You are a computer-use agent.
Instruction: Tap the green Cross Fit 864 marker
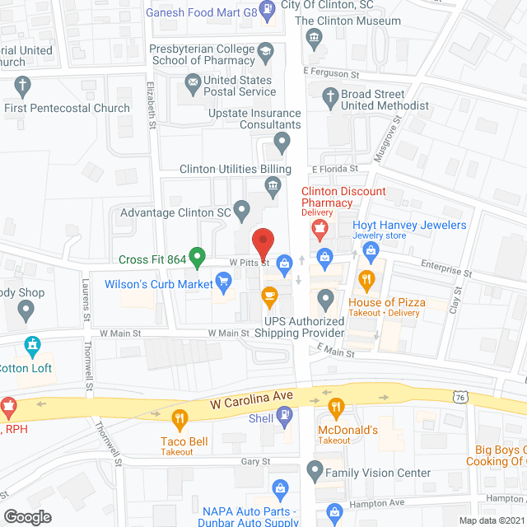click(197, 259)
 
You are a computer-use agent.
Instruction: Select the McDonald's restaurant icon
click(335, 406)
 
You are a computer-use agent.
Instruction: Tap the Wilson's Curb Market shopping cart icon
click(223, 283)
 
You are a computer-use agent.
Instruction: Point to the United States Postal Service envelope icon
click(193, 82)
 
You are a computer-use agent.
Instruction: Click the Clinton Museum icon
click(313, 38)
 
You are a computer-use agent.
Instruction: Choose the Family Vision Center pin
click(314, 473)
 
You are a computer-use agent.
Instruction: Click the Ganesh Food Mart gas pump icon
click(268, 10)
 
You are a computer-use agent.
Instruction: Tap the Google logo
click(27, 516)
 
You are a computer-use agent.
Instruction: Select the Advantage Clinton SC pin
click(241, 212)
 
